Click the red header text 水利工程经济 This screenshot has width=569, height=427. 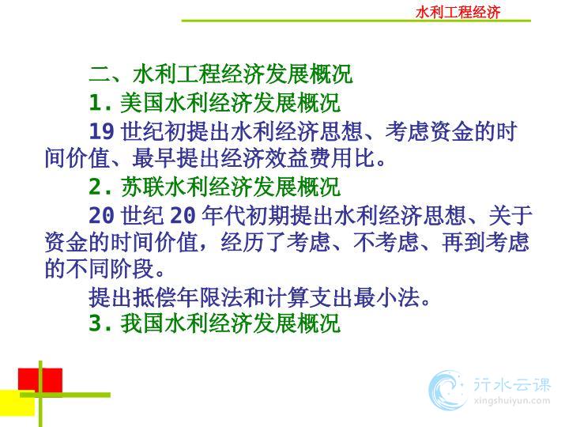(x=458, y=12)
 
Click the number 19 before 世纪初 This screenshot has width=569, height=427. (x=102, y=131)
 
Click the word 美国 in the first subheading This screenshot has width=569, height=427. (x=142, y=103)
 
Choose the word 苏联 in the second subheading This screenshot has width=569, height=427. (x=142, y=187)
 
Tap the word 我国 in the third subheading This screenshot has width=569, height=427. (x=142, y=323)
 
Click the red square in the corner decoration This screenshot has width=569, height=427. (x=40, y=380)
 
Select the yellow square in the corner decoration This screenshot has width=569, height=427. (x=17, y=403)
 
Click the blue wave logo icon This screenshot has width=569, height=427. (x=447, y=391)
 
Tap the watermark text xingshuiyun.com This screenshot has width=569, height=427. (x=511, y=401)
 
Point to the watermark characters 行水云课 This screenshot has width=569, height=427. (x=511, y=385)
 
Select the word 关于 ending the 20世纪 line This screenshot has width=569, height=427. (x=510, y=215)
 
